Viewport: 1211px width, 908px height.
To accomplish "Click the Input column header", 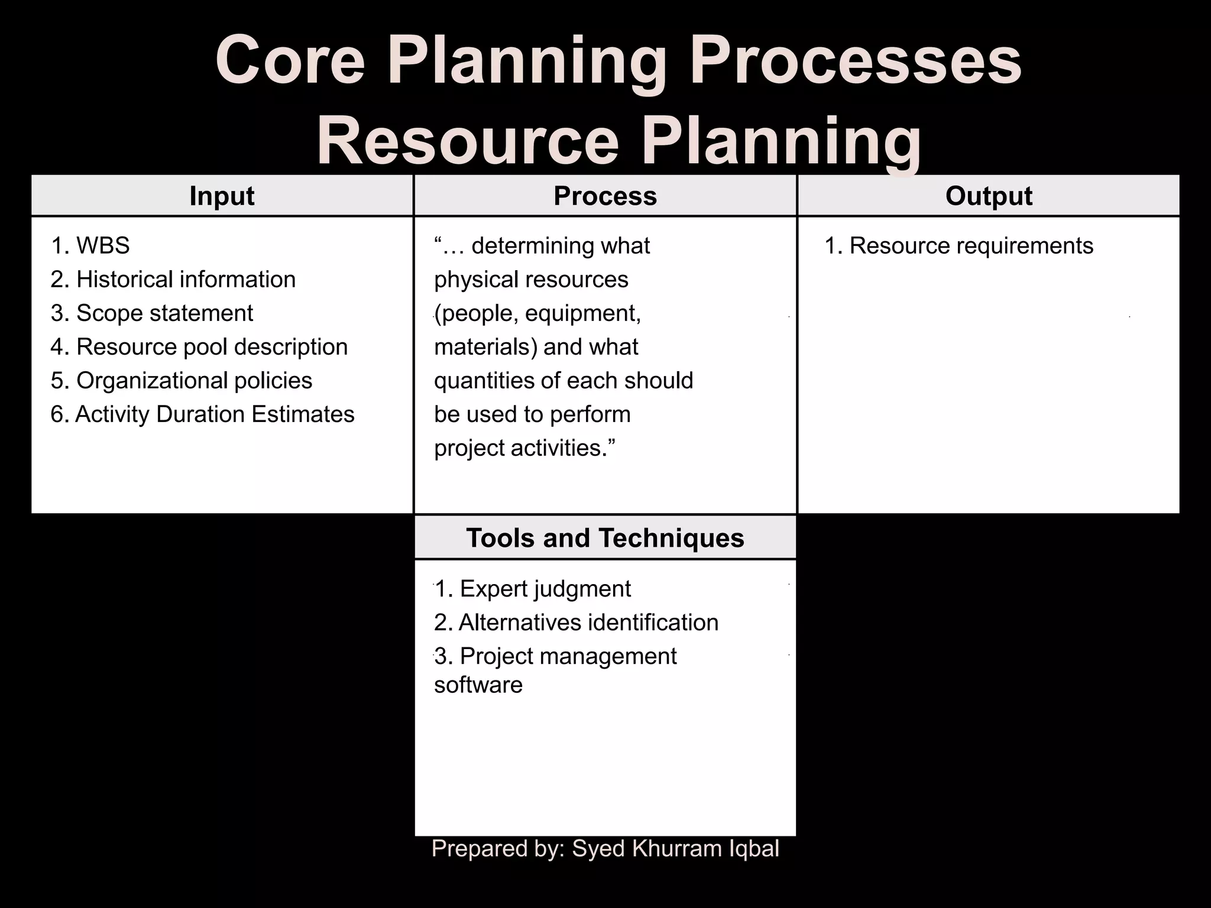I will [222, 196].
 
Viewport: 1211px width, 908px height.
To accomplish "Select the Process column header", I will [605, 196].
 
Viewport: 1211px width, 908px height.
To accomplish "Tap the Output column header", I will [989, 196].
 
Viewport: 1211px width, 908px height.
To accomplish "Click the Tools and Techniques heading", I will [605, 538].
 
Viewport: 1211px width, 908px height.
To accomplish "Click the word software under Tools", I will [478, 685].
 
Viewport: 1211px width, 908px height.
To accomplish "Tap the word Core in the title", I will [290, 61].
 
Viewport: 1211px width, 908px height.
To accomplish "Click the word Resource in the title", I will [467, 142].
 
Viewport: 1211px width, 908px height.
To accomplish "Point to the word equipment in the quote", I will [582, 313].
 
